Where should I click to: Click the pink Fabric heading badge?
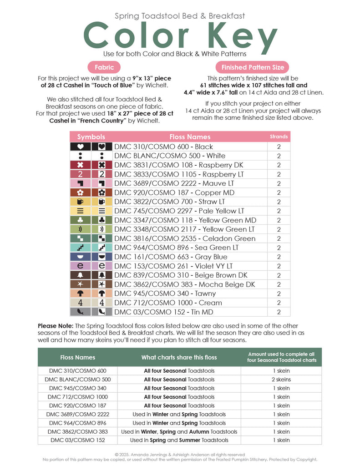104,67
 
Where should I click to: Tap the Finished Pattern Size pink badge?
253,67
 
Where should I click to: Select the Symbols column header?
91,137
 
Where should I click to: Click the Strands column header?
279,137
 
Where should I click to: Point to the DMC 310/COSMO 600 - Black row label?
163,147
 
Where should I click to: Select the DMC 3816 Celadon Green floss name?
184,238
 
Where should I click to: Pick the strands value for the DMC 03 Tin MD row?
279,312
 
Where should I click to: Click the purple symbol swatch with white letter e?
80,266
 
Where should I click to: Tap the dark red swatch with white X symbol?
80,165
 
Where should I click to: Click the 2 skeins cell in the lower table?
281,380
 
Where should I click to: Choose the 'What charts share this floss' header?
179,357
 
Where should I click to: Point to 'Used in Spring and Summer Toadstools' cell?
179,440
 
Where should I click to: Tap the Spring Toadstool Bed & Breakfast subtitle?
180,16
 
